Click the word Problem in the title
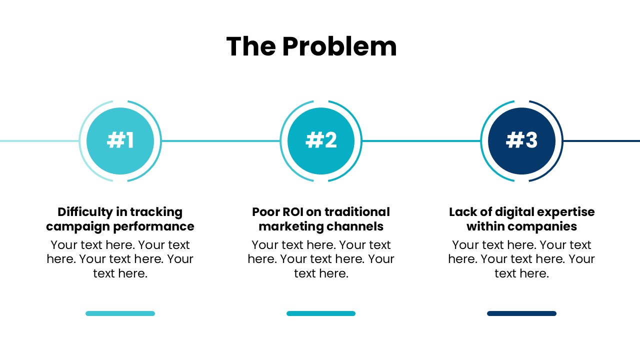click(339, 46)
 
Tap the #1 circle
click(120, 141)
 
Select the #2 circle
click(321, 141)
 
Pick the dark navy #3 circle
click(521, 141)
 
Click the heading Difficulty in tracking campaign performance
click(120, 219)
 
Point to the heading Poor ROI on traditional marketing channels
click(321, 219)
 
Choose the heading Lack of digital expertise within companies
click(521, 219)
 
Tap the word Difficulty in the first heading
click(85, 212)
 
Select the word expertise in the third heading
click(568, 212)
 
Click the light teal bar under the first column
click(120, 313)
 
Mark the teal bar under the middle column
click(321, 313)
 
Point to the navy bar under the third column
click(521, 313)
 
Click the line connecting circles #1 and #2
click(220, 141)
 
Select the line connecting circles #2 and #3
click(421, 141)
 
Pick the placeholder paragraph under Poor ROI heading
click(321, 259)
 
